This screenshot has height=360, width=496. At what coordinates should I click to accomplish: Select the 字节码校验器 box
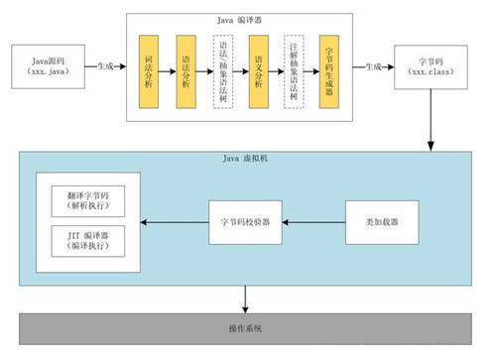245,221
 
